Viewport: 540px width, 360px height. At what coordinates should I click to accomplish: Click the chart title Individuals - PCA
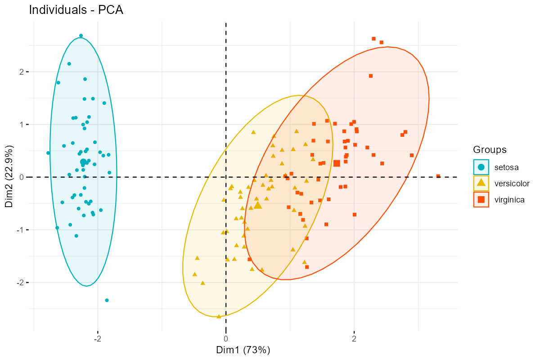(x=76, y=10)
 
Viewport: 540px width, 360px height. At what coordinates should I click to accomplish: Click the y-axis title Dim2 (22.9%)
(x=9, y=176)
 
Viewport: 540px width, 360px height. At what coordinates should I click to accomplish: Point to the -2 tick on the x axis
(x=97, y=339)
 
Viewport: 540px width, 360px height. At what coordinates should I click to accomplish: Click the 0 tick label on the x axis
(x=226, y=339)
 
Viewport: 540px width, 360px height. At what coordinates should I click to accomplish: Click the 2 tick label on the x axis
(x=354, y=339)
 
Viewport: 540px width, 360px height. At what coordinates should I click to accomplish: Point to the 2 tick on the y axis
(x=22, y=72)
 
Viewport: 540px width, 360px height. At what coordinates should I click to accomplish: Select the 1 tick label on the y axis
(x=22, y=125)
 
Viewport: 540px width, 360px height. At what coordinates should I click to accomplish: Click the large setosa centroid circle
(x=83, y=162)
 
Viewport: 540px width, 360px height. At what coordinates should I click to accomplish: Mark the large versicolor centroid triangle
(x=258, y=205)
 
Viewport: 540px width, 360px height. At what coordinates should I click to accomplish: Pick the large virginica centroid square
(x=337, y=163)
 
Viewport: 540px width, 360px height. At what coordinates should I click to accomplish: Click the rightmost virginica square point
(x=438, y=176)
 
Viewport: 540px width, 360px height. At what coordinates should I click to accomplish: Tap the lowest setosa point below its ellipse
(x=107, y=300)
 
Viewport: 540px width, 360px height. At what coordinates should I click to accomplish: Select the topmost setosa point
(x=81, y=36)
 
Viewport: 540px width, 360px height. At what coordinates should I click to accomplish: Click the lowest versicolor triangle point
(x=219, y=316)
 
